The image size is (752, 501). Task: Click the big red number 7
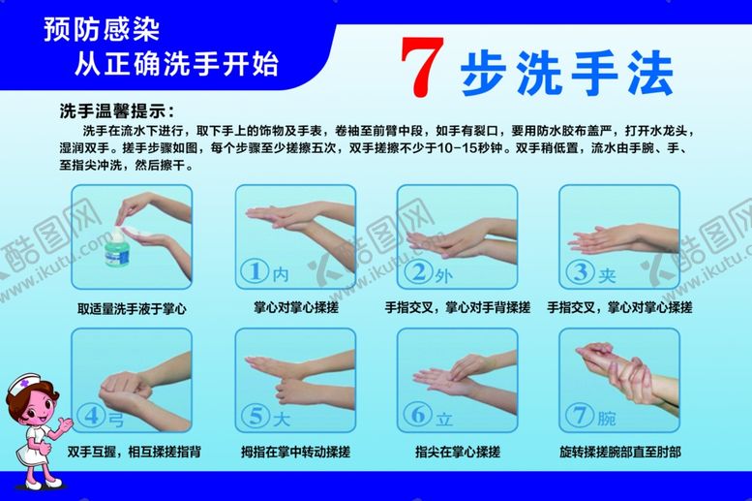click(x=422, y=67)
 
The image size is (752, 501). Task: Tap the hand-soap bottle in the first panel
click(x=117, y=247)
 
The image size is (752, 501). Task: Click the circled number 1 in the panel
click(x=256, y=271)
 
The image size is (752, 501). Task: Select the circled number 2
click(x=418, y=271)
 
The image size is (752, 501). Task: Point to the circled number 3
click(x=580, y=271)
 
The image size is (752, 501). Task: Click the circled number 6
click(x=418, y=414)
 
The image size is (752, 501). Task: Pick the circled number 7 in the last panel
click(x=580, y=414)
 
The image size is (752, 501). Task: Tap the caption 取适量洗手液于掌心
click(x=132, y=308)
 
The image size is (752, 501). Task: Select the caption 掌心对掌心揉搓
click(x=296, y=307)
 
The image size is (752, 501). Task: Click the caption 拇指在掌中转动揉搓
click(x=295, y=452)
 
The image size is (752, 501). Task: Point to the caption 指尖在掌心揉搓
click(x=458, y=452)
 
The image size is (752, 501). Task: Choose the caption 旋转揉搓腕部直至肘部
click(x=620, y=452)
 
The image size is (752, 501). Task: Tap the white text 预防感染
click(x=102, y=29)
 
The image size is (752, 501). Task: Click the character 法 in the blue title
click(x=650, y=73)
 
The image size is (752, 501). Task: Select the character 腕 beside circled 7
click(x=607, y=418)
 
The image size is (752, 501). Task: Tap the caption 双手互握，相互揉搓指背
click(x=134, y=452)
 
